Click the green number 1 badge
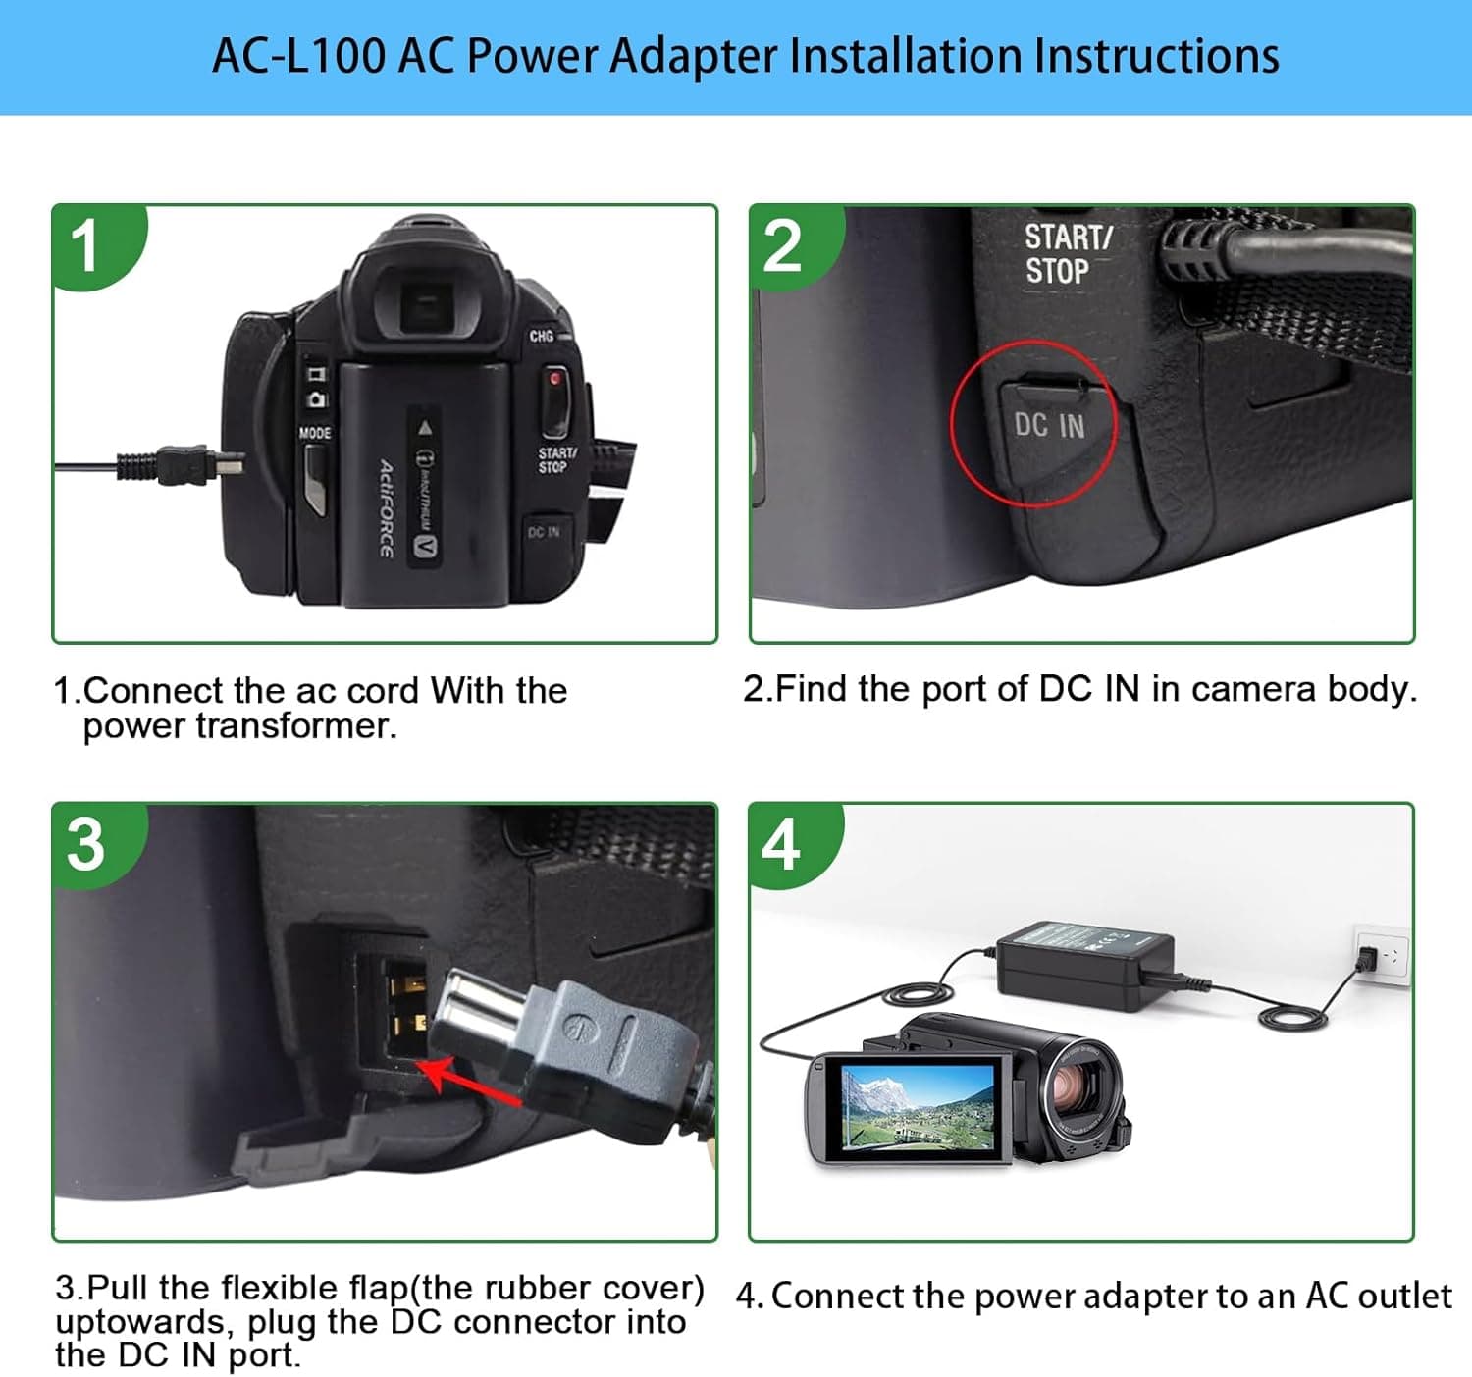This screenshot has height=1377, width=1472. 88,245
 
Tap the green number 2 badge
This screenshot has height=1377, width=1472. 783,245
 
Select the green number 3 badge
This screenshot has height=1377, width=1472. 86,844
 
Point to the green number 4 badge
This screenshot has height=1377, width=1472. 782,844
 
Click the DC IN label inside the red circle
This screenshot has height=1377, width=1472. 1049,425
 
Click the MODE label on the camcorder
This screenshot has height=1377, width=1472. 315,433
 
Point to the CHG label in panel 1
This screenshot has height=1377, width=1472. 541,336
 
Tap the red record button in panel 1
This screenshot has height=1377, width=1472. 555,379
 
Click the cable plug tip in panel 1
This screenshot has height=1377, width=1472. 230,463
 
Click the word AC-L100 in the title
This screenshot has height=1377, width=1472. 298,56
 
